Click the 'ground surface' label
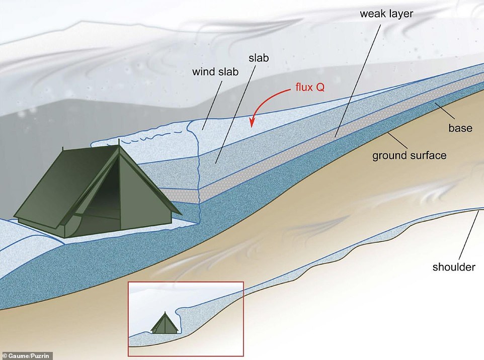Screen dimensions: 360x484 [409, 155]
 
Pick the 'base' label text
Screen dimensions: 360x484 [460, 128]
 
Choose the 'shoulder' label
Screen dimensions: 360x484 [454, 267]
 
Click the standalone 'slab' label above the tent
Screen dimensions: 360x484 [259, 58]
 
